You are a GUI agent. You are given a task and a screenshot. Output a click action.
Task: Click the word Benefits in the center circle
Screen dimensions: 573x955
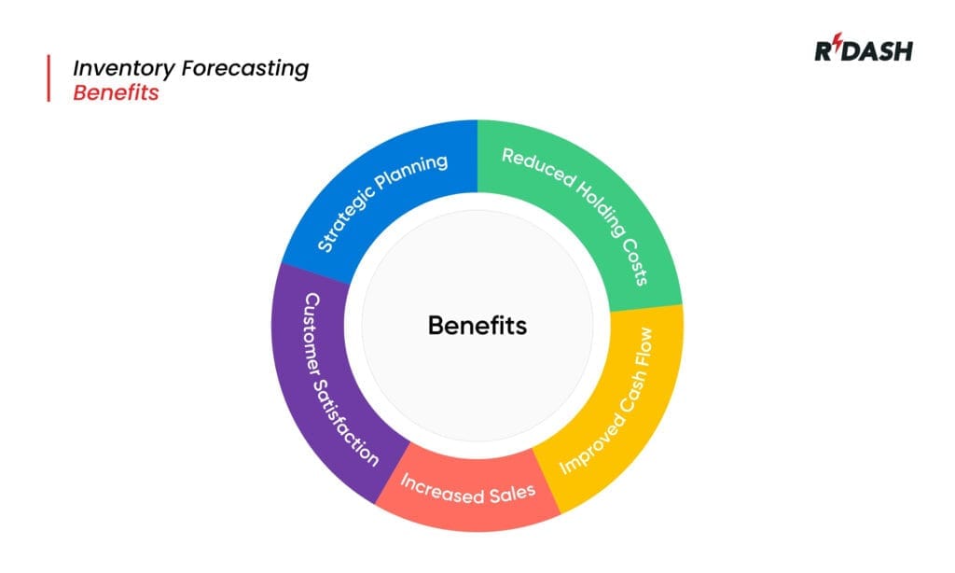pyautogui.click(x=477, y=326)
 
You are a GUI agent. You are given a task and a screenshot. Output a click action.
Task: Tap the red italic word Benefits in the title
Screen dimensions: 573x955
pyautogui.click(x=116, y=93)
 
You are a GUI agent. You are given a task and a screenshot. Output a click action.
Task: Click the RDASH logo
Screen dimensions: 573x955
pyautogui.click(x=864, y=50)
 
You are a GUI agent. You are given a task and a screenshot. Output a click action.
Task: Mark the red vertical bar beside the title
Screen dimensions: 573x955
pyautogui.click(x=48, y=78)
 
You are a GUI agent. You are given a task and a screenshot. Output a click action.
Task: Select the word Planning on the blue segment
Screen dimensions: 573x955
pyautogui.click(x=415, y=172)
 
